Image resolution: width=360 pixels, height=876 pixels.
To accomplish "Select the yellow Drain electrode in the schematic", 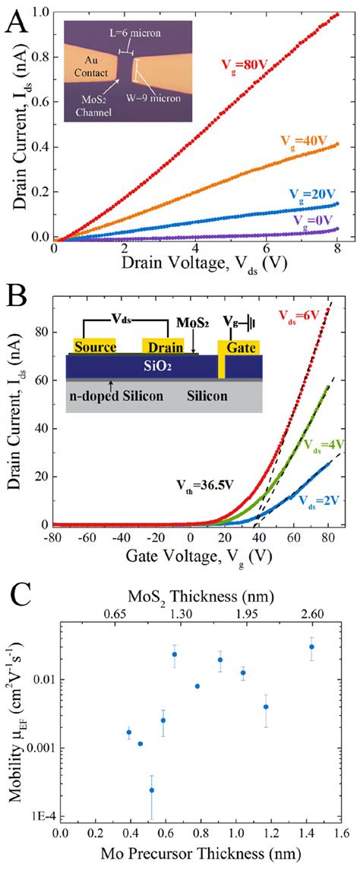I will [x=164, y=347].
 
